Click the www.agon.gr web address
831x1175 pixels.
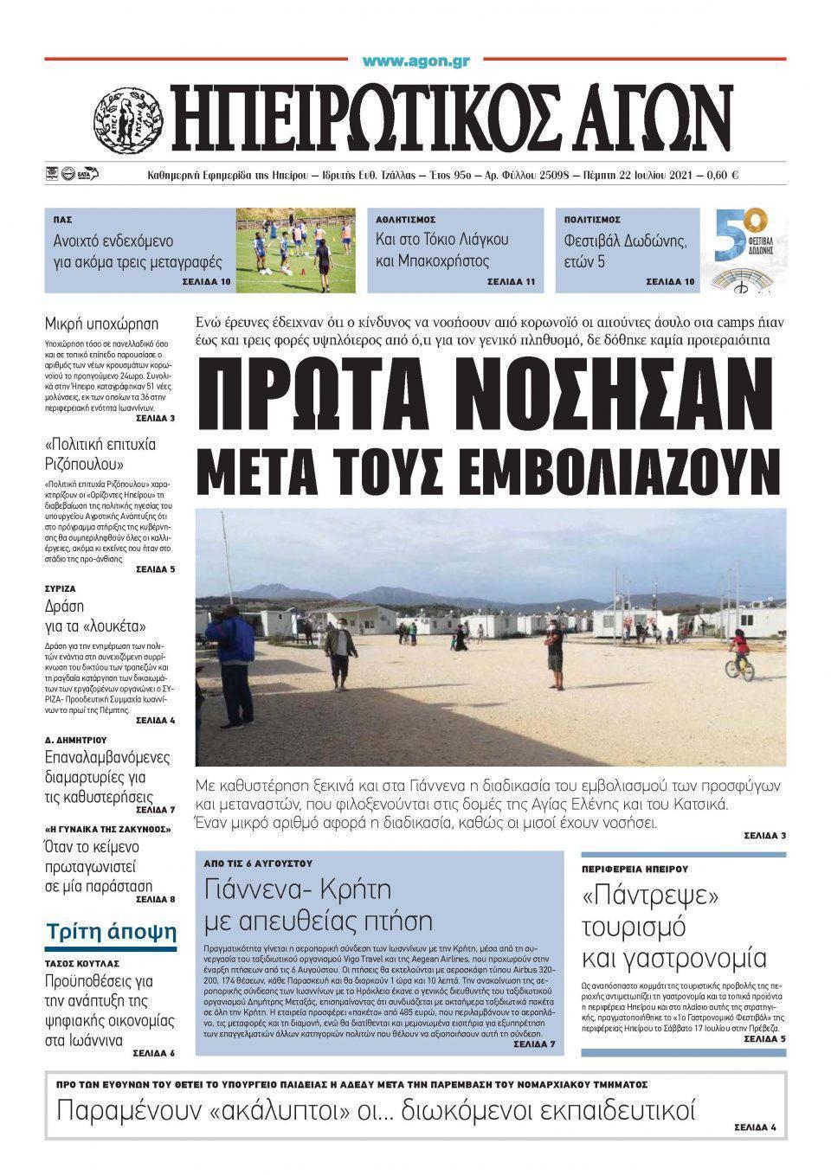pyautogui.click(x=415, y=61)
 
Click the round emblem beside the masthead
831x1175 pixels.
pyautogui.click(x=128, y=118)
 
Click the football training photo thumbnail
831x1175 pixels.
pyautogui.click(x=295, y=250)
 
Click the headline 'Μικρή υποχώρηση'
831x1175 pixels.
pyautogui.click(x=101, y=324)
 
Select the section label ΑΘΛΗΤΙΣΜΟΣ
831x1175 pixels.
pyautogui.click(x=405, y=220)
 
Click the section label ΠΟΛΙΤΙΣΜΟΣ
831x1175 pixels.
pyautogui.click(x=592, y=220)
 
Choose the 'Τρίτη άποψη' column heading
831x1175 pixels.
pyautogui.click(x=111, y=932)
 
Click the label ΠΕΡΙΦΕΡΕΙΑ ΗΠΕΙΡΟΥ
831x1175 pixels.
pyautogui.click(x=635, y=868)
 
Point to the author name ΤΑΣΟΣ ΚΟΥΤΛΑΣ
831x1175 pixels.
pyautogui.click(x=82, y=963)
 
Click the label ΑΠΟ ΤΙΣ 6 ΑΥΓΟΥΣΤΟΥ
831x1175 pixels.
pyautogui.click(x=257, y=864)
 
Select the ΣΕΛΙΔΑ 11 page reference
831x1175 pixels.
pyautogui.click(x=511, y=282)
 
